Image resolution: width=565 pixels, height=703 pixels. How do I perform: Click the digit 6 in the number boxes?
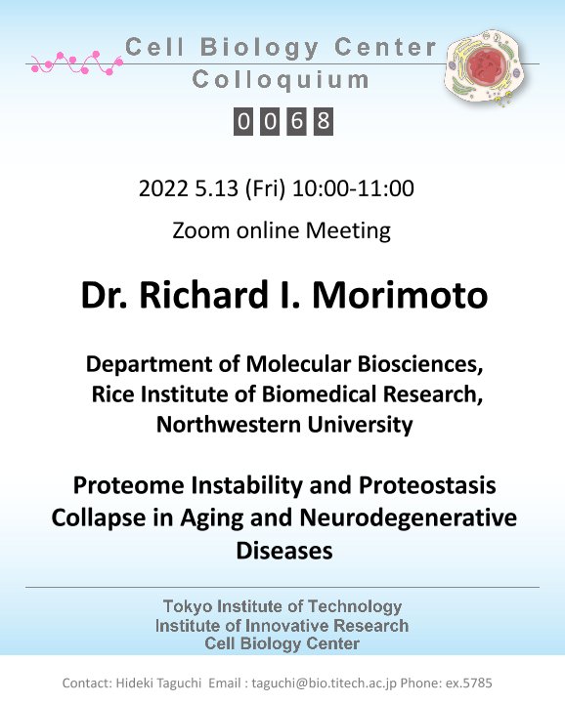(296, 121)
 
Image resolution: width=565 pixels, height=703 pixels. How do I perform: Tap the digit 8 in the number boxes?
(324, 121)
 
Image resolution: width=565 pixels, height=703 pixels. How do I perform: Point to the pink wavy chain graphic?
(76, 63)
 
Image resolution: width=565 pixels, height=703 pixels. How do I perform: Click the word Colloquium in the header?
(281, 80)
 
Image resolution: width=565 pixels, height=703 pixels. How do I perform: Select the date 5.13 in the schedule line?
(216, 188)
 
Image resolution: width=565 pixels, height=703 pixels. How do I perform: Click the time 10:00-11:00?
(353, 188)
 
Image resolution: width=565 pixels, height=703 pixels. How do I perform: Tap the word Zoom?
(201, 230)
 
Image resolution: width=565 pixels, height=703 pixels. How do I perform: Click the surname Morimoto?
(400, 295)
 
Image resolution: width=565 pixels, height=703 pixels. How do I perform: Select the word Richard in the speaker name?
(203, 295)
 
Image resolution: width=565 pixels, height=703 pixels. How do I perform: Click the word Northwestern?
(228, 424)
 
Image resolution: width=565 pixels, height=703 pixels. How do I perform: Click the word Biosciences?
(419, 363)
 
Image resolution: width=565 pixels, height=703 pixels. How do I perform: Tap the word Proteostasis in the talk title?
(427, 485)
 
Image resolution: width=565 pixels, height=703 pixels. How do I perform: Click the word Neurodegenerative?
(408, 517)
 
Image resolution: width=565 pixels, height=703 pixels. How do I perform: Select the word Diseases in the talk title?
(284, 550)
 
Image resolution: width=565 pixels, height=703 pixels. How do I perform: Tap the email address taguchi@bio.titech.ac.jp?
(324, 682)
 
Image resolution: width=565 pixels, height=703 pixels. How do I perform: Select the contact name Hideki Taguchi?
(158, 682)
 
